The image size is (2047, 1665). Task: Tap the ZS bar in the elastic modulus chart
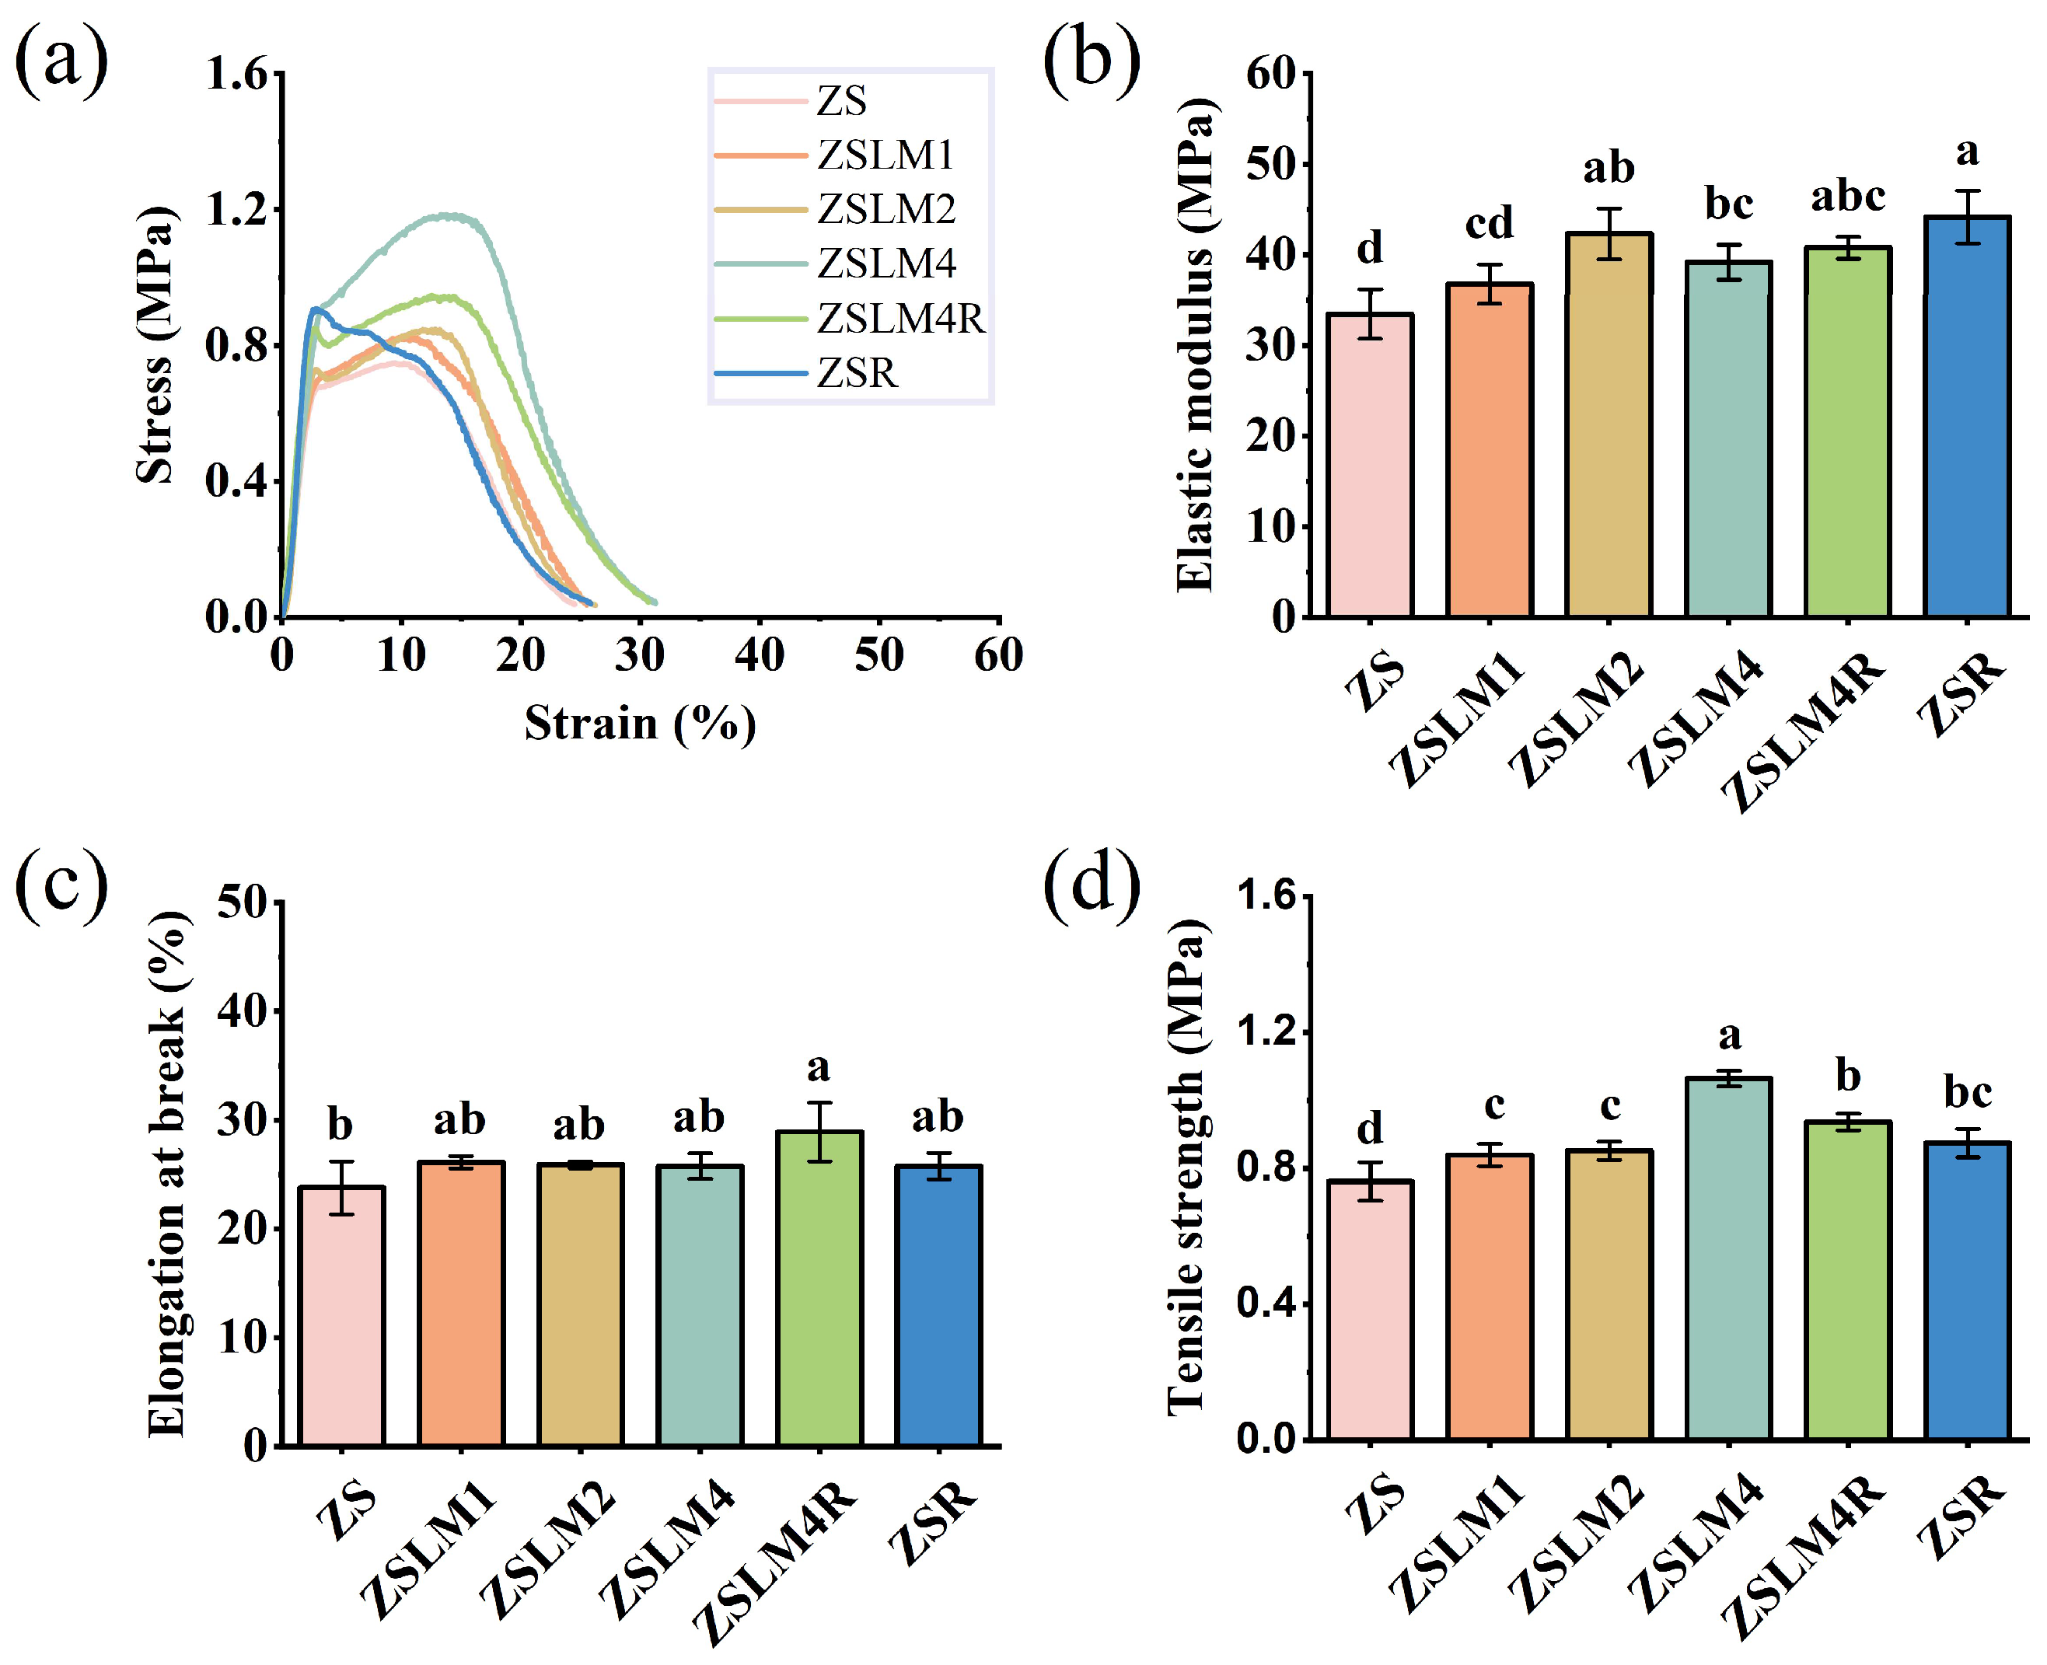pos(1370,464)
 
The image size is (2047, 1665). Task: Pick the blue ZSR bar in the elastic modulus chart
pos(1966,417)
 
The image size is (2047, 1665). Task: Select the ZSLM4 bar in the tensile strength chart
pos(1728,1258)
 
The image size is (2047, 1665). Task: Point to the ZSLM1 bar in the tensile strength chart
pos(1490,1296)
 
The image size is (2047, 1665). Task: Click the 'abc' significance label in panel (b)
pos(1847,197)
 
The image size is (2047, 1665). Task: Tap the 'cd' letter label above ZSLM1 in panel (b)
pos(1489,223)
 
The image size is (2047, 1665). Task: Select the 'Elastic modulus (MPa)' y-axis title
pos(1194,344)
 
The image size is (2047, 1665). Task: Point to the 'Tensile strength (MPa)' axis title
pos(1186,1166)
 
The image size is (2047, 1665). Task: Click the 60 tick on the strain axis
pos(998,656)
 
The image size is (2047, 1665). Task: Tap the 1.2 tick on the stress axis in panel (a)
pos(236,210)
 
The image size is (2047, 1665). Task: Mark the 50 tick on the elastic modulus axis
pos(1270,165)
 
